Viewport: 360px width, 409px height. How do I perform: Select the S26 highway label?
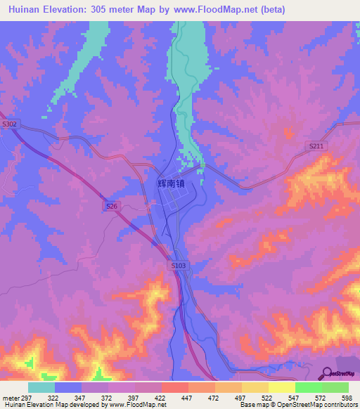click(x=111, y=206)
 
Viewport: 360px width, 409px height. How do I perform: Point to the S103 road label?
click(x=178, y=265)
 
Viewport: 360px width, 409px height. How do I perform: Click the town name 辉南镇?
click(x=171, y=183)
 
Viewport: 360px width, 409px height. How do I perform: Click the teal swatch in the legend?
click(x=41, y=387)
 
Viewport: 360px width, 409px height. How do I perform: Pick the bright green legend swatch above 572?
click(x=309, y=387)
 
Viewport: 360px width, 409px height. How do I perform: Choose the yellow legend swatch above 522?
click(x=255, y=387)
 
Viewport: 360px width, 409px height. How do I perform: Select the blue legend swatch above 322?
click(x=68, y=387)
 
